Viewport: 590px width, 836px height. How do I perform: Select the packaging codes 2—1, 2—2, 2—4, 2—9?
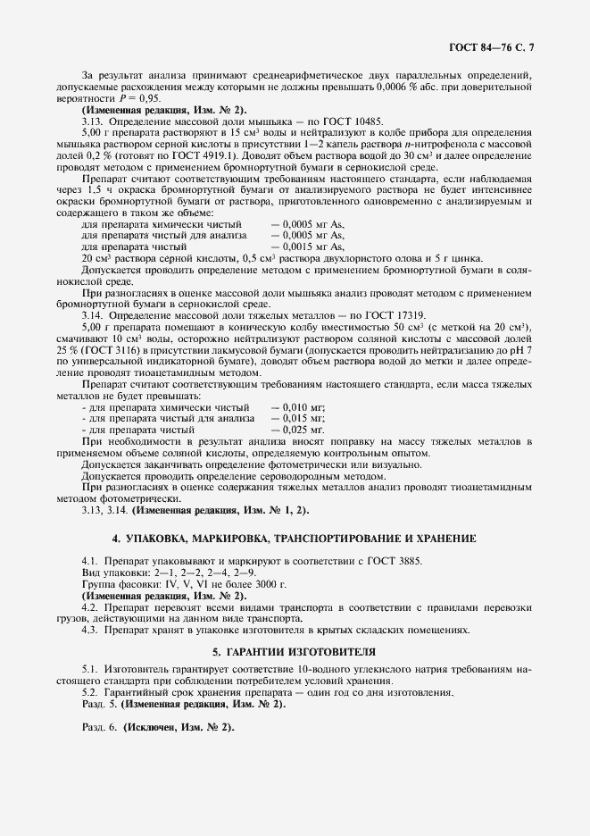click(x=202, y=573)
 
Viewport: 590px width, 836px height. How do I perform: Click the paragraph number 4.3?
click(x=90, y=630)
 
